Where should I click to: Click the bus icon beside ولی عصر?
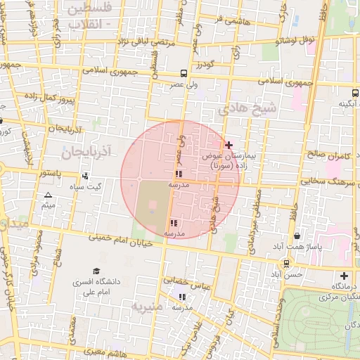pyautogui.click(x=184, y=73)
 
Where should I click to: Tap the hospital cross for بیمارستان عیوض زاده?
pyautogui.click(x=229, y=145)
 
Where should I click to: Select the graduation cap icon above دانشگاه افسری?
pyautogui.click(x=96, y=271)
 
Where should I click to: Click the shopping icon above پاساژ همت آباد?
pyautogui.click(x=297, y=236)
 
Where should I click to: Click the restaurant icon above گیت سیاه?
pyautogui.click(x=85, y=176)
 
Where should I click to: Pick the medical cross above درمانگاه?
pyautogui.click(x=344, y=276)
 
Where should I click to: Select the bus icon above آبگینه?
pyautogui.click(x=354, y=93)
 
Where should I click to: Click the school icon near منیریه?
pyautogui.click(x=183, y=297)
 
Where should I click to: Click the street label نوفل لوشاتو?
pyautogui.click(x=300, y=40)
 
